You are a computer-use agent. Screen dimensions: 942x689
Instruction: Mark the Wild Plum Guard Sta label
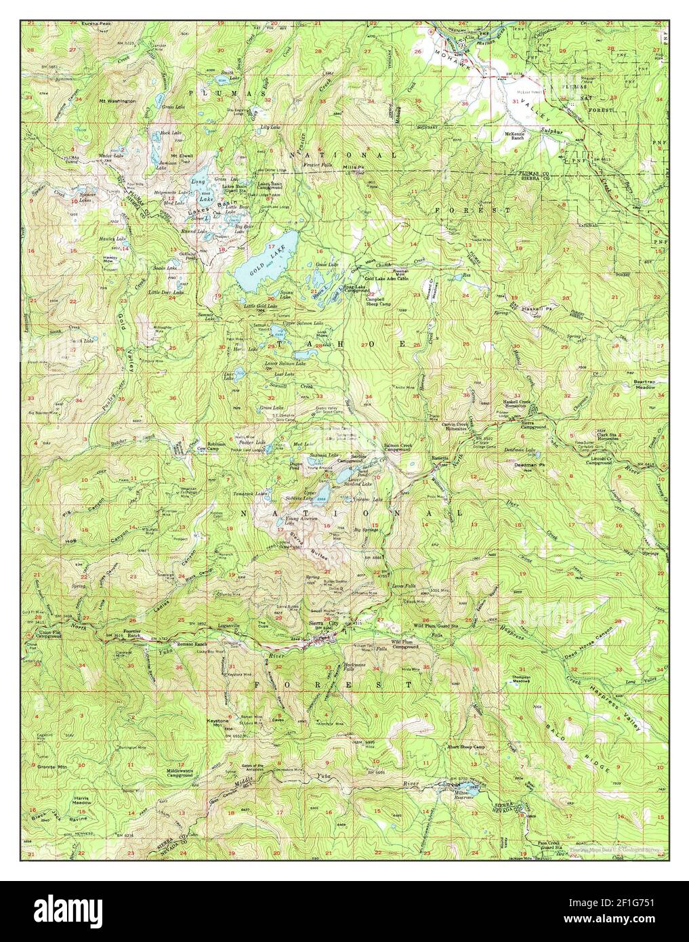pyautogui.click(x=438, y=626)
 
